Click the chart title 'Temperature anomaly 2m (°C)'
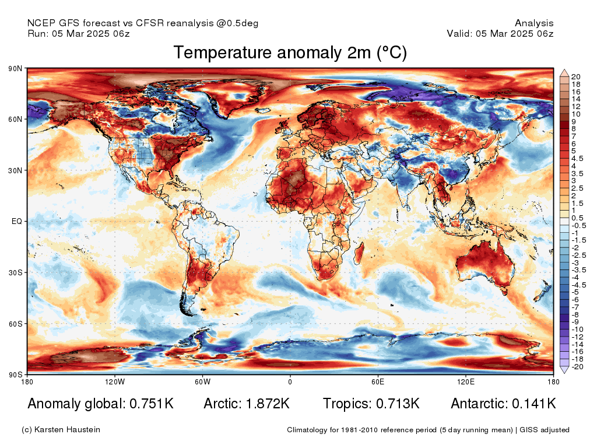coord(290,52)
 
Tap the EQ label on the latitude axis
coord(17,221)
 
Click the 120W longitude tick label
coord(115,381)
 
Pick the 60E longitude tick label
coord(378,381)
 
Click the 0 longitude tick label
coord(290,381)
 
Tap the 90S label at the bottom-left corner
coord(15,375)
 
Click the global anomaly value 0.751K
coord(152,404)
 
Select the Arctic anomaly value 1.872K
coord(268,404)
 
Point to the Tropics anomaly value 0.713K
coord(398,404)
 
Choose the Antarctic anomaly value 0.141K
coord(534,404)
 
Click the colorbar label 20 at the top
coord(576,76)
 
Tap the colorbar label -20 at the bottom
coord(577,367)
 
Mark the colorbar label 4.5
coord(577,159)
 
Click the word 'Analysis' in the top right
coord(534,23)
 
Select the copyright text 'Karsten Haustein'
coord(67,430)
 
